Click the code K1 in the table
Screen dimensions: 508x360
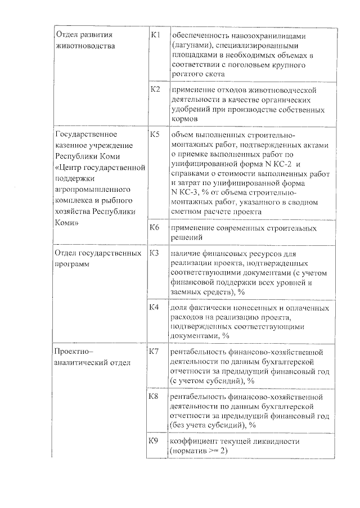pyautogui.click(x=156, y=35)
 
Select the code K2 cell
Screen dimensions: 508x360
pyautogui.click(x=156, y=89)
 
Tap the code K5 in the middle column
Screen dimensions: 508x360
pyautogui.click(x=156, y=135)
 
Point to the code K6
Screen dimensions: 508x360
pyautogui.click(x=156, y=227)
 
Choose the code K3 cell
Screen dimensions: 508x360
pyautogui.click(x=156, y=253)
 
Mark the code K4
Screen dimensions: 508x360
pyautogui.click(x=156, y=308)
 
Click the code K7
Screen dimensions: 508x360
pyautogui.click(x=156, y=352)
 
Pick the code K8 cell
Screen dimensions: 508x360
pyautogui.click(x=156, y=397)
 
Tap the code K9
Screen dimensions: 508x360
pyautogui.click(x=156, y=440)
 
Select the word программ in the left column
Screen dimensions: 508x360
pyautogui.click(x=72, y=263)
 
